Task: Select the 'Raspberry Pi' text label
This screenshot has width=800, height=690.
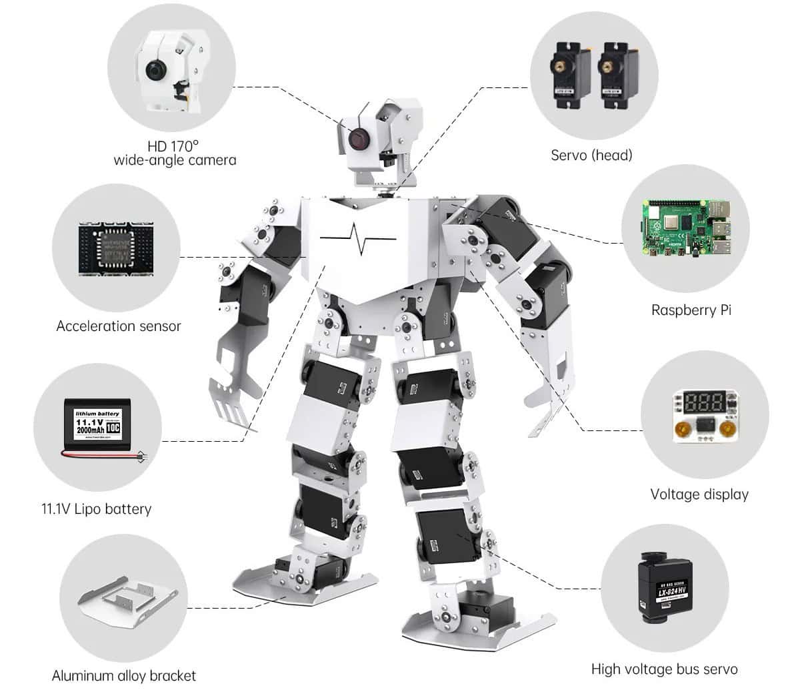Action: point(691,310)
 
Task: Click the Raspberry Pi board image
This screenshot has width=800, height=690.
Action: point(686,228)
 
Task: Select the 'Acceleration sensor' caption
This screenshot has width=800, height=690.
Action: point(118,326)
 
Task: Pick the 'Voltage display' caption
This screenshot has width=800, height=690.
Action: point(699,494)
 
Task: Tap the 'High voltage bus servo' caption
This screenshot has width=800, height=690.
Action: point(664,669)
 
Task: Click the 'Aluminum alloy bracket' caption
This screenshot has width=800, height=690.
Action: point(124,675)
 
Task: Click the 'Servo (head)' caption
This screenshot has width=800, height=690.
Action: point(591,155)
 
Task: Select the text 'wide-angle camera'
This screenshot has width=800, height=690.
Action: point(175,160)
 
